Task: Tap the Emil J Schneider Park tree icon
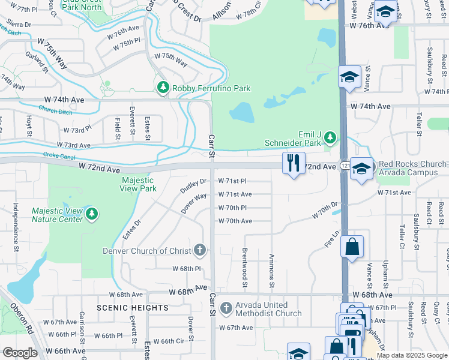click(330, 139)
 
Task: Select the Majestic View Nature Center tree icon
click(91, 214)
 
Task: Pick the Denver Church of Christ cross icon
click(200, 250)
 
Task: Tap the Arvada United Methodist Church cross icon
click(226, 308)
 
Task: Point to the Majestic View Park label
click(139, 184)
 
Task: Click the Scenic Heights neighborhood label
click(133, 308)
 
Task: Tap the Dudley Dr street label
click(193, 186)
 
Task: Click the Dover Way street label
click(194, 203)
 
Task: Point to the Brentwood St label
click(245, 268)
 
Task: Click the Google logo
click(20, 353)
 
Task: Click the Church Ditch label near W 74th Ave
click(56, 109)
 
